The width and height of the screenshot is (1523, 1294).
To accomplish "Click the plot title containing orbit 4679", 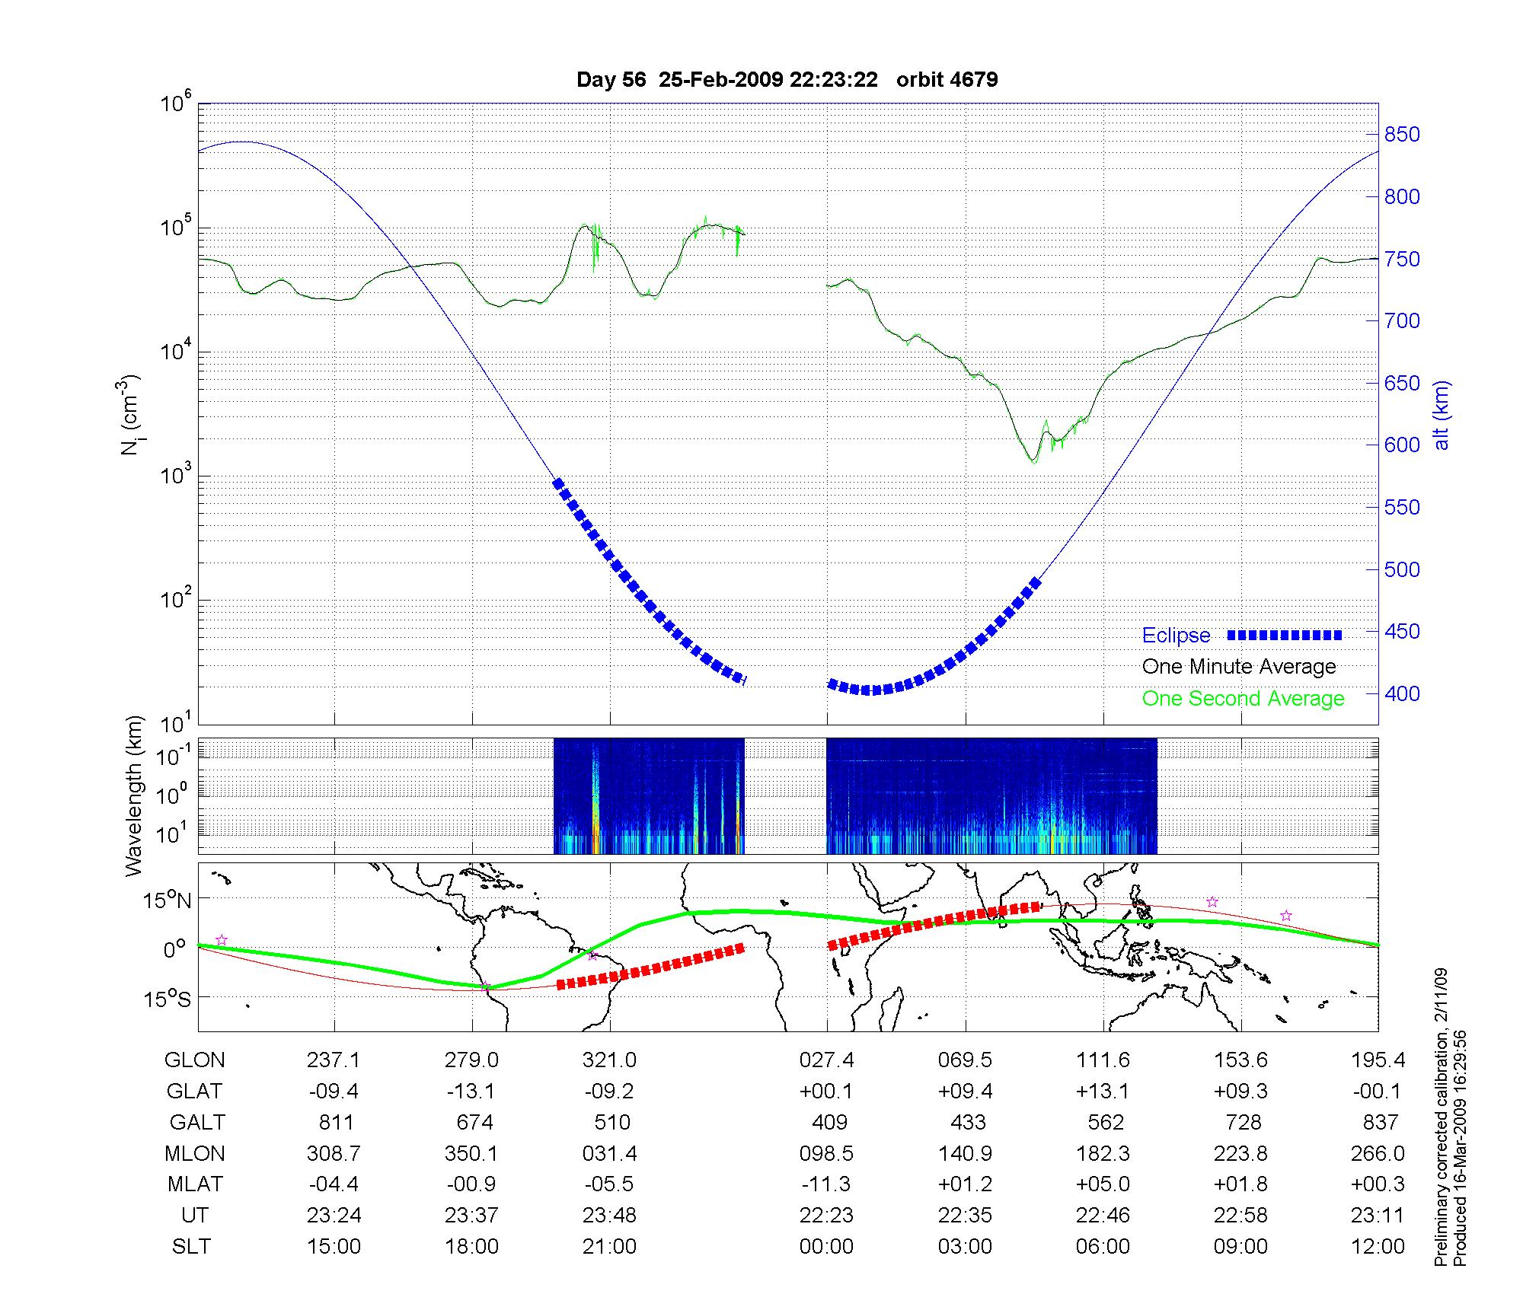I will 787,80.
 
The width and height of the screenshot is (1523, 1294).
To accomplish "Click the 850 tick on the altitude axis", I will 1402,135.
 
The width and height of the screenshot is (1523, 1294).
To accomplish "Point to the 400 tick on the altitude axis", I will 1402,693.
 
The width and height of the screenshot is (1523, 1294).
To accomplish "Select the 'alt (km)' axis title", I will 1442,415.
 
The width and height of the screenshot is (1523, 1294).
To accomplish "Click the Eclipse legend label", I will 1176,636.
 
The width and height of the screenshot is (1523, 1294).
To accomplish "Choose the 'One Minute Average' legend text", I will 1239,667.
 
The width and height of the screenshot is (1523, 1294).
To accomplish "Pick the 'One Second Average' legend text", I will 1243,699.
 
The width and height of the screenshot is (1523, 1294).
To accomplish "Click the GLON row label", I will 194,1060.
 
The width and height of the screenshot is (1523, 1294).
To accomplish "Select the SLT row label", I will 191,1247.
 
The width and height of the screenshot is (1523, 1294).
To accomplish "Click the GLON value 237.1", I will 334,1060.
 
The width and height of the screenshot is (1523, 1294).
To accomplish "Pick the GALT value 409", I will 829,1123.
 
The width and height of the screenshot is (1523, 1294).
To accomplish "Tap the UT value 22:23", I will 826,1216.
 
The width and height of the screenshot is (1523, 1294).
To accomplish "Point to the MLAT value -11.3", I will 826,1184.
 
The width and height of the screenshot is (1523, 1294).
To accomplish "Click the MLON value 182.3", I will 1103,1154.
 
